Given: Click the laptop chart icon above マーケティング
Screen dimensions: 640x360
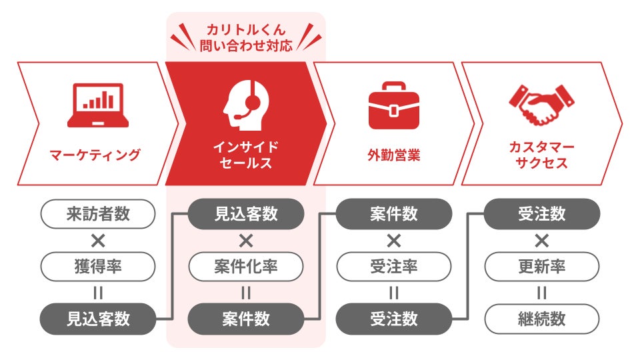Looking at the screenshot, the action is coord(98,105).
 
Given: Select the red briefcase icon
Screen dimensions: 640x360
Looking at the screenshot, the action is coord(394,105).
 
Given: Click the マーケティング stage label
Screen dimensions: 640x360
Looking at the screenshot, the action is coord(95,155).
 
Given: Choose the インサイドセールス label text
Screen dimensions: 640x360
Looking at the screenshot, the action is coord(245,155).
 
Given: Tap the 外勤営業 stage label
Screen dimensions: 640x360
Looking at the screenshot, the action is coord(394,155).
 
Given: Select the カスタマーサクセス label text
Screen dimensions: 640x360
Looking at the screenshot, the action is coord(541,155).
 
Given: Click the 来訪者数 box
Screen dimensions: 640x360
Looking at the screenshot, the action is coord(98,214).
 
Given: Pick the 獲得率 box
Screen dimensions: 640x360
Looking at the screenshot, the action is coord(98,267).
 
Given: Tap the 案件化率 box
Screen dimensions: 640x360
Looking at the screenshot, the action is coord(246,267).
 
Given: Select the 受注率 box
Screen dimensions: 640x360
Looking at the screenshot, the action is coord(394,267).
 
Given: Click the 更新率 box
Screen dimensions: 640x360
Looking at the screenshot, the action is coord(542,267).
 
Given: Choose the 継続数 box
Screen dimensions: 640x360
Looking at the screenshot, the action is coord(542,319).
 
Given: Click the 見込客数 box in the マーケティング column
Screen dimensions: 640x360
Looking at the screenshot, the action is coord(98,319).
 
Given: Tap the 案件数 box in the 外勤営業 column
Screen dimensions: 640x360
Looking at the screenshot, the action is coord(394,214).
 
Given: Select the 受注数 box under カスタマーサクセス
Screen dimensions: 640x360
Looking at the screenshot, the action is coord(542,214).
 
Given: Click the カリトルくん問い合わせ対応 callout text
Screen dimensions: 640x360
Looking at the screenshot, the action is coord(246,39).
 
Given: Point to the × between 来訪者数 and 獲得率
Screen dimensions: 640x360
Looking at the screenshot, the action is coord(98,240).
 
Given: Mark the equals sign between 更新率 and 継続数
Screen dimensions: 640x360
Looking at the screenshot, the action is coord(542,293).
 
